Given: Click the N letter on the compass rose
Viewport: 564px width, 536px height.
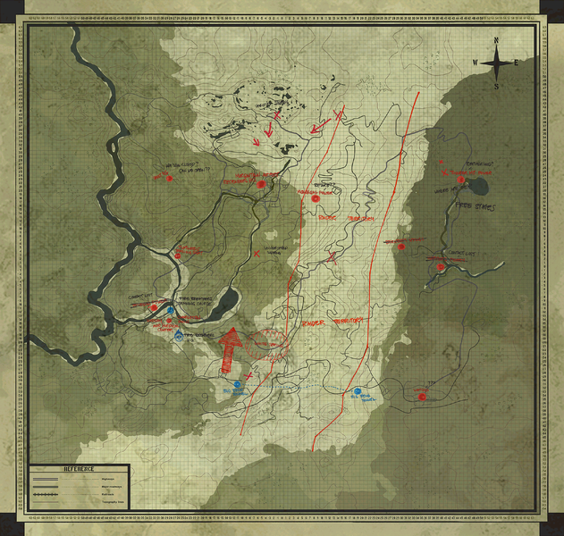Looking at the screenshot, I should [x=497, y=41].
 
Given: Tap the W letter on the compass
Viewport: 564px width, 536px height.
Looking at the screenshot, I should [x=476, y=63].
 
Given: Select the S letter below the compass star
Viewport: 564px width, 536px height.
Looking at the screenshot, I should [x=497, y=87].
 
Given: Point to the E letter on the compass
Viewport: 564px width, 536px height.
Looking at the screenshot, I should [x=518, y=63].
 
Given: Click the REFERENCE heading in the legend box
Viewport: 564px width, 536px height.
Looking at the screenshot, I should [x=78, y=469].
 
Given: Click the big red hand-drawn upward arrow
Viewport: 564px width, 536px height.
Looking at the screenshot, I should [x=231, y=351].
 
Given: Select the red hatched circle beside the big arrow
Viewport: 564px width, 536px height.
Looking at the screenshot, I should [x=265, y=343].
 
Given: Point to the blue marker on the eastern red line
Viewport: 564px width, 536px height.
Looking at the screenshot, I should [x=357, y=391].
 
